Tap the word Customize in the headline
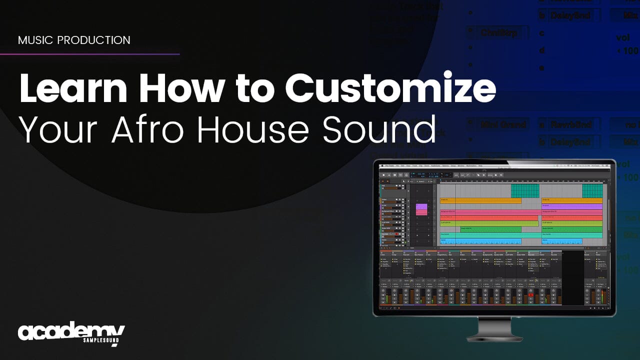[390, 88]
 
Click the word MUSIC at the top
[36, 40]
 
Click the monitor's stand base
[494, 337]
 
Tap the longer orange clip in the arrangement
[480, 200]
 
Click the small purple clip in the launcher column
[421, 206]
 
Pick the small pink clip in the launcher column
[421, 212]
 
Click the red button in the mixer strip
[531, 295]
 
